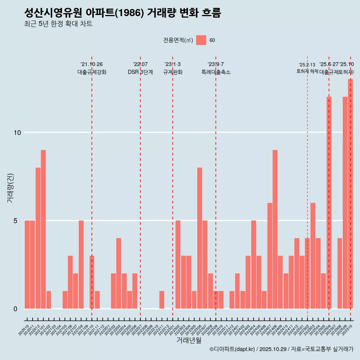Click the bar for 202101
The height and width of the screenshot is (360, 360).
[43, 229]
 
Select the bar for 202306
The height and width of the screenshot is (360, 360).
[199, 238]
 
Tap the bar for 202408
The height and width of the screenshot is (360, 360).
[275, 229]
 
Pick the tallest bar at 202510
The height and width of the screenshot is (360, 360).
[350, 193]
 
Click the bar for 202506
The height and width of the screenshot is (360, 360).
[329, 202]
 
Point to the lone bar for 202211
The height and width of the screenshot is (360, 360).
[162, 300]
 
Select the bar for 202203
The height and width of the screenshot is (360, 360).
[118, 273]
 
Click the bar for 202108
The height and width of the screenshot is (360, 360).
[81, 264]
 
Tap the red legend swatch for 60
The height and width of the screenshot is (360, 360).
[201, 40]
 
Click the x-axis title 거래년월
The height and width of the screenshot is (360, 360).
[189, 340]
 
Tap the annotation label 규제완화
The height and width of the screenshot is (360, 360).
[172, 72]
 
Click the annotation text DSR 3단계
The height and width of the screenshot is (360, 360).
[140, 72]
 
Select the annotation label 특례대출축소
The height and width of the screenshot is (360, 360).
[216, 72]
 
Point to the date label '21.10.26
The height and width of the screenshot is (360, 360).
[91, 64]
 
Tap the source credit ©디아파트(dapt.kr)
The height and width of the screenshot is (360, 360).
[232, 349]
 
